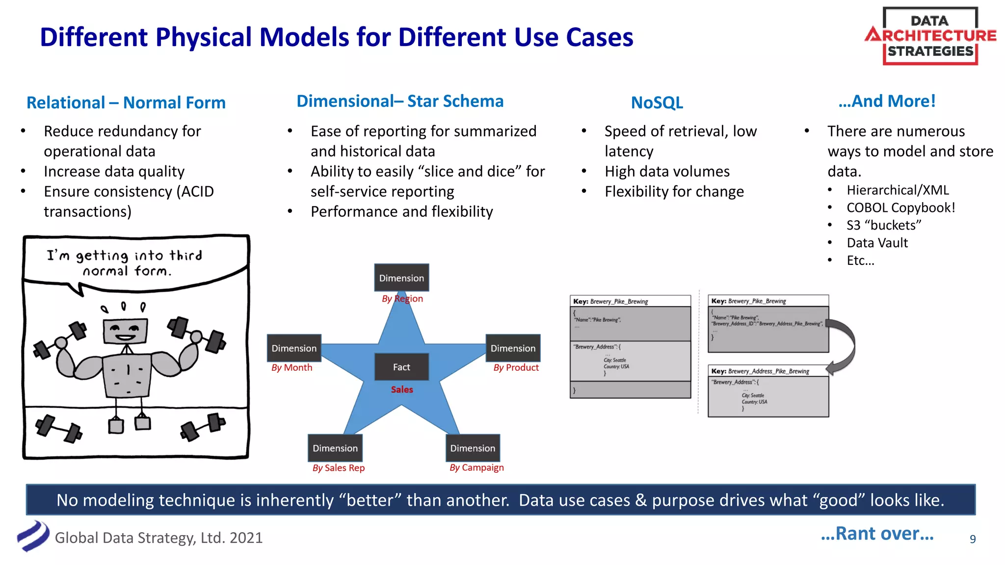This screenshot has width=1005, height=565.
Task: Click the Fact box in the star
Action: click(401, 367)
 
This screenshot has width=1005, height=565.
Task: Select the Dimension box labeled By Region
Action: click(401, 278)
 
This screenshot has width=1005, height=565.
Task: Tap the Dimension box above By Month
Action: click(294, 348)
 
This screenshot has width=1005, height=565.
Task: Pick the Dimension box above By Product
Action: click(513, 348)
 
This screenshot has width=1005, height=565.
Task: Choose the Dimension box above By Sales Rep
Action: click(335, 448)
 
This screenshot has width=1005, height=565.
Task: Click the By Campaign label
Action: click(476, 468)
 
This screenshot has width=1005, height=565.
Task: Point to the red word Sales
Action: click(402, 389)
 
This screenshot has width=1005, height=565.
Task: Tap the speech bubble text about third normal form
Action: click(125, 263)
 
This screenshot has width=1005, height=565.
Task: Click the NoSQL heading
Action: click(657, 103)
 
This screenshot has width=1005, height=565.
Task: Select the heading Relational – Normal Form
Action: click(126, 103)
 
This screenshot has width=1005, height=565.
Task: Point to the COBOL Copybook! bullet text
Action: click(900, 208)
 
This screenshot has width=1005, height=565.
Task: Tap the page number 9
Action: click(973, 539)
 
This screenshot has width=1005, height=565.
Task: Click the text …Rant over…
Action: click(877, 534)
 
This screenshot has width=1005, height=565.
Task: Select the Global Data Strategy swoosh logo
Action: click(33, 536)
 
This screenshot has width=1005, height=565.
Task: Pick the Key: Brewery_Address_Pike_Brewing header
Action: click(760, 371)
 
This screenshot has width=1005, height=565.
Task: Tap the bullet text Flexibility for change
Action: click(674, 192)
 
